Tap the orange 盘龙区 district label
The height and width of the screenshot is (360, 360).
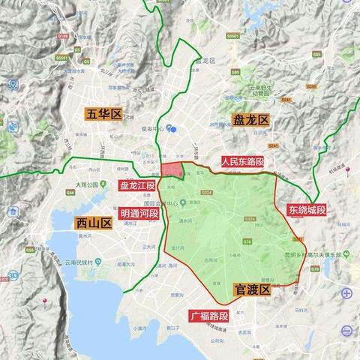click(x=250, y=120)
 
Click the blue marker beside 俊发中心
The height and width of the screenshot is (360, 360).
click(x=172, y=127)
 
